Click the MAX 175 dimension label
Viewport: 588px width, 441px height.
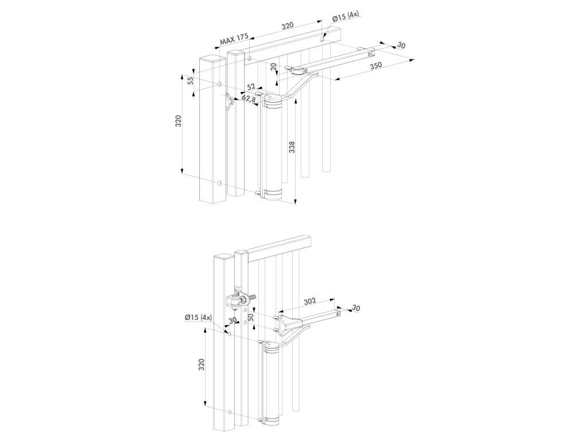coord(233,40)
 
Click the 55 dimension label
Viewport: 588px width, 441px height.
coord(190,80)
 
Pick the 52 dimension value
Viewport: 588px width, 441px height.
coord(251,86)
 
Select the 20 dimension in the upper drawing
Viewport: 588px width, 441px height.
coord(274,67)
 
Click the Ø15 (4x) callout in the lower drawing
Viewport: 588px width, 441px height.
coord(198,317)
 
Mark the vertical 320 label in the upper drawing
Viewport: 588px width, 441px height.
coord(179,122)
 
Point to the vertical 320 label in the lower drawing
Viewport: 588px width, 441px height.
coord(202,366)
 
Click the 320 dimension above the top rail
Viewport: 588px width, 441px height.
coord(287,25)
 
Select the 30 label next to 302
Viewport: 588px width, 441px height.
coord(356,309)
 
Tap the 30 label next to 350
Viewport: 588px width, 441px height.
coord(401,45)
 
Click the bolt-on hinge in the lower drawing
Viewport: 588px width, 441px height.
coord(237,300)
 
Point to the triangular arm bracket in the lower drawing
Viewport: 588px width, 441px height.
coord(293,324)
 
